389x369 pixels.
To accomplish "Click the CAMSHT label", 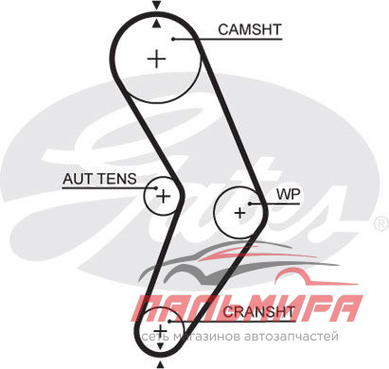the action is [x=249, y=29].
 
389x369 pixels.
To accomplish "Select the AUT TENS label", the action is [x=99, y=179].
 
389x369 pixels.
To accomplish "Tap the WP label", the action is [x=288, y=194].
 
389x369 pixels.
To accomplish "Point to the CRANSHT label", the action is [x=258, y=312].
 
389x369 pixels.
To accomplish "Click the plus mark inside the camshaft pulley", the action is [x=157, y=59].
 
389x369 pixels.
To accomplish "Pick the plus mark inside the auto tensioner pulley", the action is [x=164, y=197].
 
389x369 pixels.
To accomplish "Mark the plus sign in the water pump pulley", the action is [x=240, y=213].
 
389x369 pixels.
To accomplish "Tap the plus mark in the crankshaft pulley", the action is [x=161, y=331].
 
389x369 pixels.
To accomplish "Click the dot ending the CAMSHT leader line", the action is [x=173, y=39].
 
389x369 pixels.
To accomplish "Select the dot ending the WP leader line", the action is [x=250, y=203].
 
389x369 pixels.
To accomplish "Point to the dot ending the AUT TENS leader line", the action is [x=155, y=188].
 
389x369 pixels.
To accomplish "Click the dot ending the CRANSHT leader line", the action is [x=169, y=321].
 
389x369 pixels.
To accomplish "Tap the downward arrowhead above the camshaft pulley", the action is [x=156, y=6].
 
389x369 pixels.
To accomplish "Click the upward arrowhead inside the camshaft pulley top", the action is [x=156, y=24].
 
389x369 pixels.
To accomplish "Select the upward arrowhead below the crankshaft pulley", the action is [x=161, y=365].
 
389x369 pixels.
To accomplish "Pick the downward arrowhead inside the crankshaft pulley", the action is [x=161, y=346].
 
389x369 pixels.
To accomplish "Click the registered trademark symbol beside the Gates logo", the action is [x=380, y=224].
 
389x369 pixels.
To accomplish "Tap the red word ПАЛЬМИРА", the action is [x=247, y=307].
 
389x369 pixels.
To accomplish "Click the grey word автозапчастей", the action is [x=292, y=337].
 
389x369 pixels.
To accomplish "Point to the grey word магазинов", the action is [x=206, y=337].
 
